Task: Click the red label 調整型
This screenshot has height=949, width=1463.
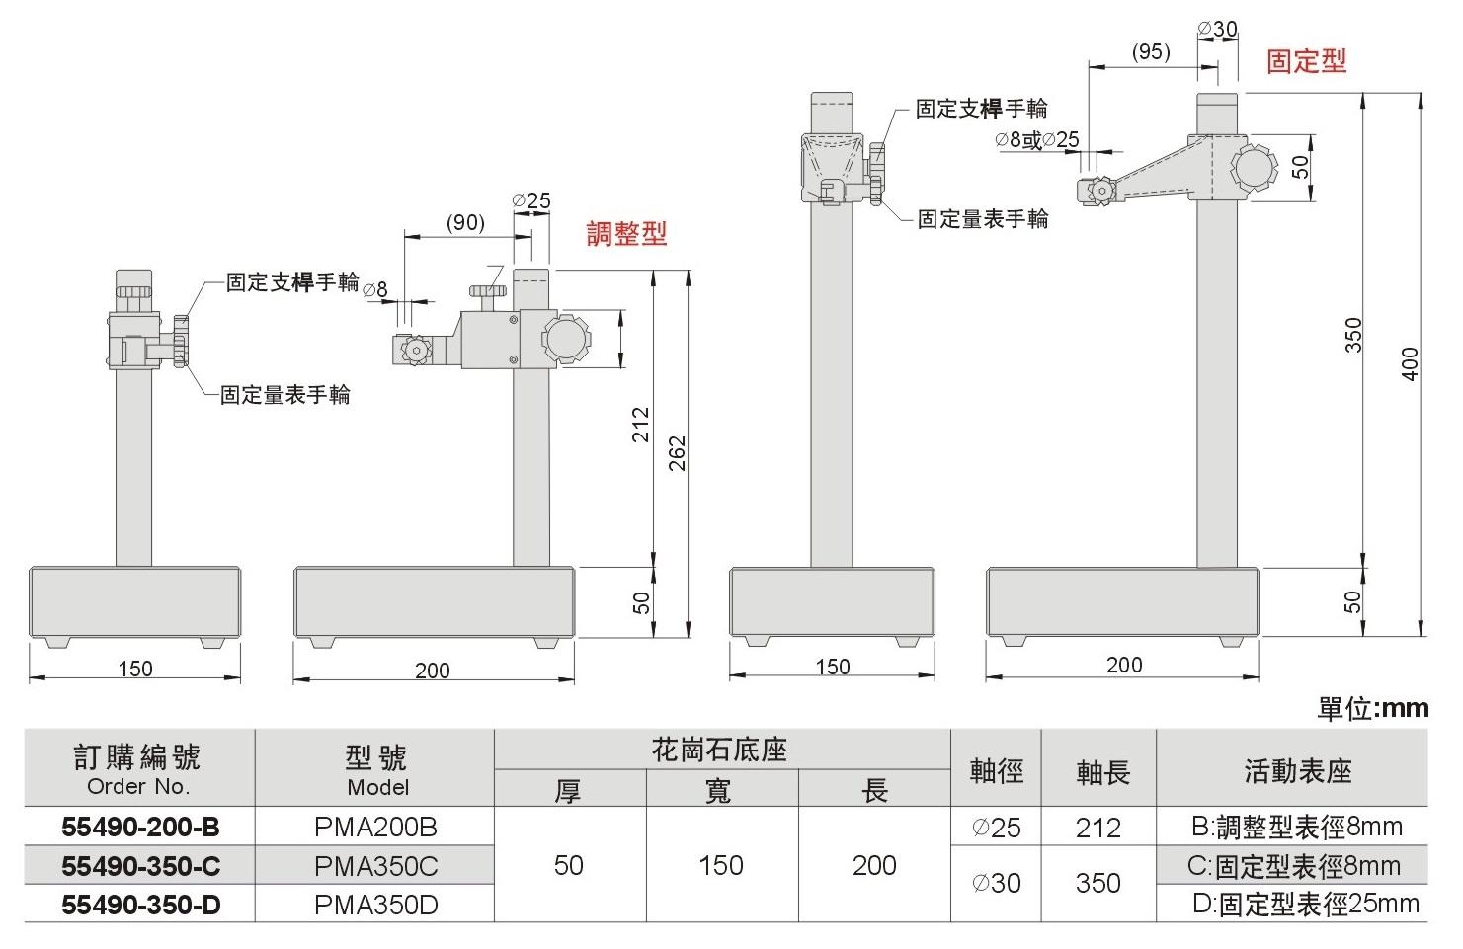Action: [626, 234]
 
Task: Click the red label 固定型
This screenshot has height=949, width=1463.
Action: [1306, 61]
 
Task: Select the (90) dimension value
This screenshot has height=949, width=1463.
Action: [465, 222]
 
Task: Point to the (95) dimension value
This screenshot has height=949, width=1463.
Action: [1150, 51]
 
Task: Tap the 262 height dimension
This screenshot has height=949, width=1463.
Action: [677, 452]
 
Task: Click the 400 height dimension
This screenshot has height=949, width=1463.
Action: [1411, 363]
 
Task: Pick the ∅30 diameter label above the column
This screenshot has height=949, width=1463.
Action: [1217, 29]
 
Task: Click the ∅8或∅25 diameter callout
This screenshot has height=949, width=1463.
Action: [1037, 140]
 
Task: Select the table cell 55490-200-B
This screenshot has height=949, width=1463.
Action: [139, 827]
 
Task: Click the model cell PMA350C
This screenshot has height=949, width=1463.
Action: [375, 866]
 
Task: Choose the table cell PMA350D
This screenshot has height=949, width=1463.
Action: [375, 905]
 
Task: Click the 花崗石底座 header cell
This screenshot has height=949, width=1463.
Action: [720, 750]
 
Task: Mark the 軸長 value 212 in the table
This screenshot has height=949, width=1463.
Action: [1097, 828]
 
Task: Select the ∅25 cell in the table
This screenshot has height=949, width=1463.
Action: [996, 828]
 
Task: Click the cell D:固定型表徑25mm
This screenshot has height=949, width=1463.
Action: [1304, 904]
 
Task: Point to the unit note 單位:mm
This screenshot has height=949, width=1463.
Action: [1372, 708]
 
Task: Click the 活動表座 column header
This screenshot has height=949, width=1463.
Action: [1297, 770]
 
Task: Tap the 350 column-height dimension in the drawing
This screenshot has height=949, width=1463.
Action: [1353, 334]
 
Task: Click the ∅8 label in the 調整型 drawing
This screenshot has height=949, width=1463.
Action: [375, 289]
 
